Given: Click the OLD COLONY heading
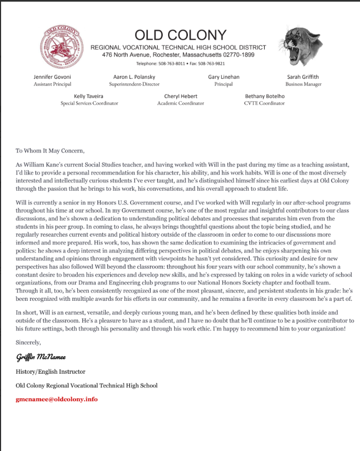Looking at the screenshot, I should pos(180,35).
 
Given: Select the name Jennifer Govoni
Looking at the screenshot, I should pos(52,77).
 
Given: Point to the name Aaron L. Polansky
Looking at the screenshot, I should pos(134,77).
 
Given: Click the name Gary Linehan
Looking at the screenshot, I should pos(224,77).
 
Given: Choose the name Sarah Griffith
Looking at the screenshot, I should pos(303,77).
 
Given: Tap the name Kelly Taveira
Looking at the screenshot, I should pos(89,96).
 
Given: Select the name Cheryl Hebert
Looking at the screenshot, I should pos(181,96).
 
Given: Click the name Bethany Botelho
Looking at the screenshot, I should pos(265,96).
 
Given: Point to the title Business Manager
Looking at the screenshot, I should pos(303,84).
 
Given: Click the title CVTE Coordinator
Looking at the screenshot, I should pos(265,104).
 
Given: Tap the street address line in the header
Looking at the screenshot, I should pos(178,55).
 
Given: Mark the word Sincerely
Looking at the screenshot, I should pos(28,342).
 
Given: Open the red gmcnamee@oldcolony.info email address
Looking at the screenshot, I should pos(56,399).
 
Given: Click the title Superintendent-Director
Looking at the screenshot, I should pos(134,84).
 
